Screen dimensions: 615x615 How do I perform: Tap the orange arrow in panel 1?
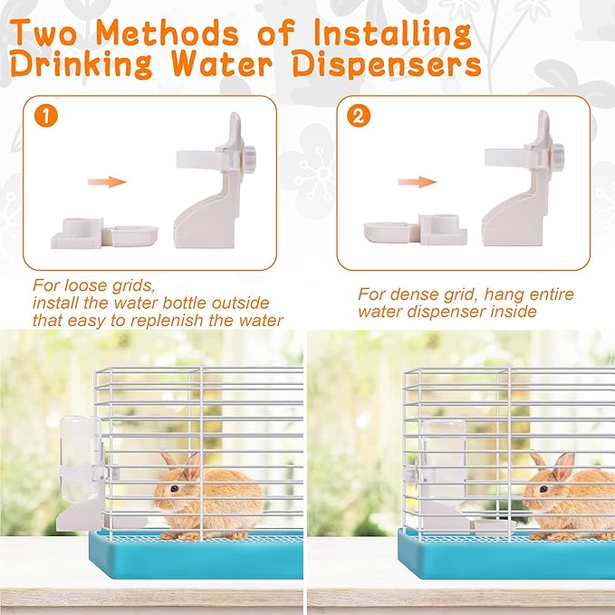coord(106,182)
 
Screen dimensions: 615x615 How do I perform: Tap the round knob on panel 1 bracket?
coord(248,154)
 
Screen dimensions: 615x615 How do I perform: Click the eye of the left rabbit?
coord(173,487)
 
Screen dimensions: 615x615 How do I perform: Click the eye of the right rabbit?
coord(543,488)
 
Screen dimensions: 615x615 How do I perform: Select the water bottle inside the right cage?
coord(442,457)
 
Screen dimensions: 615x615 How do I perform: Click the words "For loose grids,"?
coord(79,284)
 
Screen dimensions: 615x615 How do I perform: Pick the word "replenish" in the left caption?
coord(169,320)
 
